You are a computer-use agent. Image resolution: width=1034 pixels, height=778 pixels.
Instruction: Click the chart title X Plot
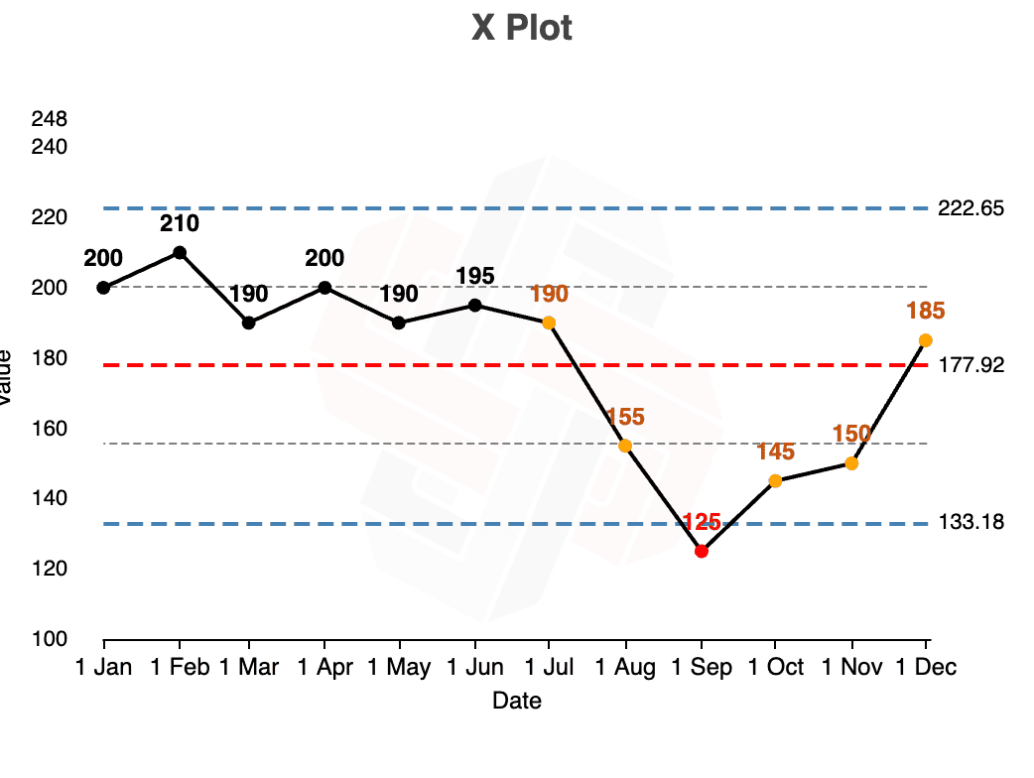[x=522, y=28]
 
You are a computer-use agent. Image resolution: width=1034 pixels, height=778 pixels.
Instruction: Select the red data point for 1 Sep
[x=702, y=551]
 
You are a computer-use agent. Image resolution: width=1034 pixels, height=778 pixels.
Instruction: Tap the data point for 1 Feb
[x=180, y=252]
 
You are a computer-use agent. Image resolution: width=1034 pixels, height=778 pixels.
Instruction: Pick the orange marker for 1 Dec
[x=926, y=340]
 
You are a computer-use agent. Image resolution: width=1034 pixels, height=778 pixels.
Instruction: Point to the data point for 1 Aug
[x=625, y=446]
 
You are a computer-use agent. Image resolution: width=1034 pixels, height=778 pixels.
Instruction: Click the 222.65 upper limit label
[x=970, y=208]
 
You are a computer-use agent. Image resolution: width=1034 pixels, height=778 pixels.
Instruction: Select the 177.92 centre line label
[x=970, y=365]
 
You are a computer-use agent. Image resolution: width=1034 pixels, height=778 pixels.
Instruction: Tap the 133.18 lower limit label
[x=970, y=523]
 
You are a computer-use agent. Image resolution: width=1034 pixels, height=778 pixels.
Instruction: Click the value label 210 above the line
[x=180, y=223]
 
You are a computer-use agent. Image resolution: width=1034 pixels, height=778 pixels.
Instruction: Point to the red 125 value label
[x=702, y=523]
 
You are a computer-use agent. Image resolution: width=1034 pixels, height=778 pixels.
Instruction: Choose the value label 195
[x=475, y=276]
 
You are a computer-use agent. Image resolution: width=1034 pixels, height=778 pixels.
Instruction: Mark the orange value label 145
[x=775, y=453]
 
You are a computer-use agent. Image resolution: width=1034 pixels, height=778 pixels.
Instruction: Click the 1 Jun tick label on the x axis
[x=475, y=668]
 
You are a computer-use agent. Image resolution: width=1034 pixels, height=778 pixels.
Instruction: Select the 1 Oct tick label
[x=775, y=668]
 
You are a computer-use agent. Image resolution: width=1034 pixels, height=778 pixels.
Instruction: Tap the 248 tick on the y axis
[x=50, y=119]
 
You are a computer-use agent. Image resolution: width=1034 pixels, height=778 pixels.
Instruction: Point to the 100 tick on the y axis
[x=50, y=639]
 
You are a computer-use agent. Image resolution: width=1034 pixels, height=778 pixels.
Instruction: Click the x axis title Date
[x=517, y=702]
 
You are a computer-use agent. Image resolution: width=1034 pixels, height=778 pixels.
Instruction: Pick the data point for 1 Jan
[x=103, y=288]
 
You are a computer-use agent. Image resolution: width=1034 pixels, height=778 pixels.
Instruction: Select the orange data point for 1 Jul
[x=549, y=323]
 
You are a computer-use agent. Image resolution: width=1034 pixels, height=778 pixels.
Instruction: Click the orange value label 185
[x=925, y=312]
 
